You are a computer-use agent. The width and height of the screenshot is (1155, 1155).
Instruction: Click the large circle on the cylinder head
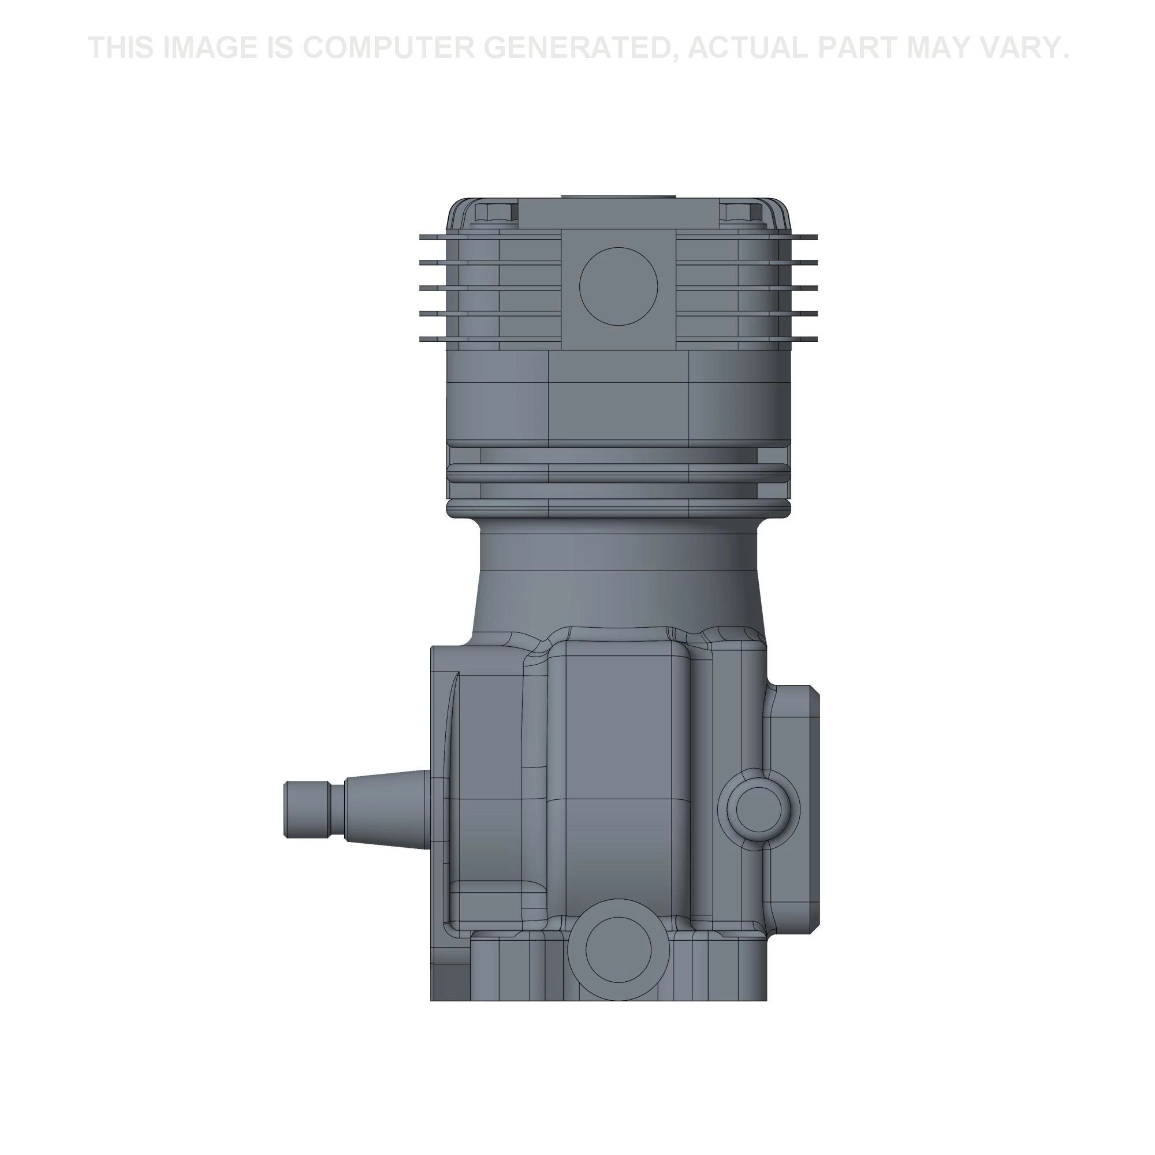619,286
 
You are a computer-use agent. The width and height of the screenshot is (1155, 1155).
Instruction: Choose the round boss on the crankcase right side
759,809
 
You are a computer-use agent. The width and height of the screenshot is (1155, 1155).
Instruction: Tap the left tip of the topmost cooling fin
422,237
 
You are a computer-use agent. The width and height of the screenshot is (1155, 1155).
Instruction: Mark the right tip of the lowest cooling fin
814,340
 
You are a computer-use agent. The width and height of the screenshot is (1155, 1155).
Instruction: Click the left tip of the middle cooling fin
422,288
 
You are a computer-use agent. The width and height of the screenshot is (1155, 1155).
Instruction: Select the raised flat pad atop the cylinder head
618,198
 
